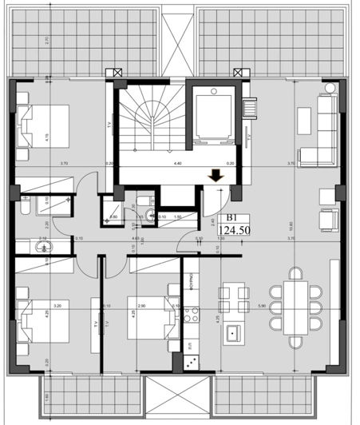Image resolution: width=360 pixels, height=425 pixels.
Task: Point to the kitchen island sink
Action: [233, 332]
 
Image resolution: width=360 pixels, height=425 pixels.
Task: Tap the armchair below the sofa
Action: [327, 218]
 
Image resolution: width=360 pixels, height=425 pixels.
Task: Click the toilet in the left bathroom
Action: [26, 210]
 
